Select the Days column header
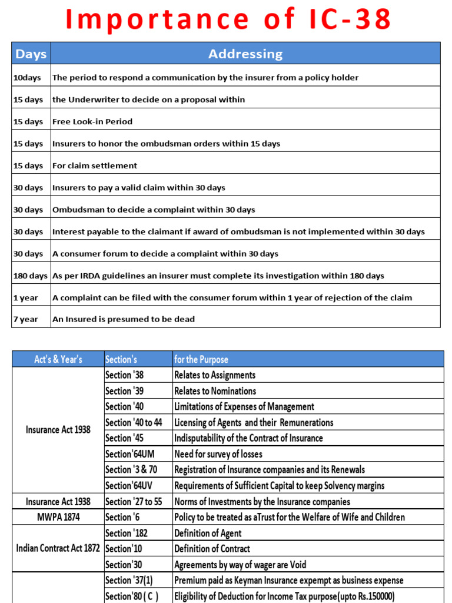(31, 54)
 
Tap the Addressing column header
(245, 54)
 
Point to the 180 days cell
(31, 276)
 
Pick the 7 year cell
(26, 319)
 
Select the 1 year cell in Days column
(26, 297)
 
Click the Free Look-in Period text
(92, 121)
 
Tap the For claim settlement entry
(95, 165)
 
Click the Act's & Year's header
(58, 359)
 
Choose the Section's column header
(121, 359)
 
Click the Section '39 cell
(124, 391)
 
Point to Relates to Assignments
(215, 375)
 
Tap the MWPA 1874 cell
(58, 517)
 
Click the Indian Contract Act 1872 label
(58, 549)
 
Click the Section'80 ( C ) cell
(132, 596)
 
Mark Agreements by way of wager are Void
(240, 565)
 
